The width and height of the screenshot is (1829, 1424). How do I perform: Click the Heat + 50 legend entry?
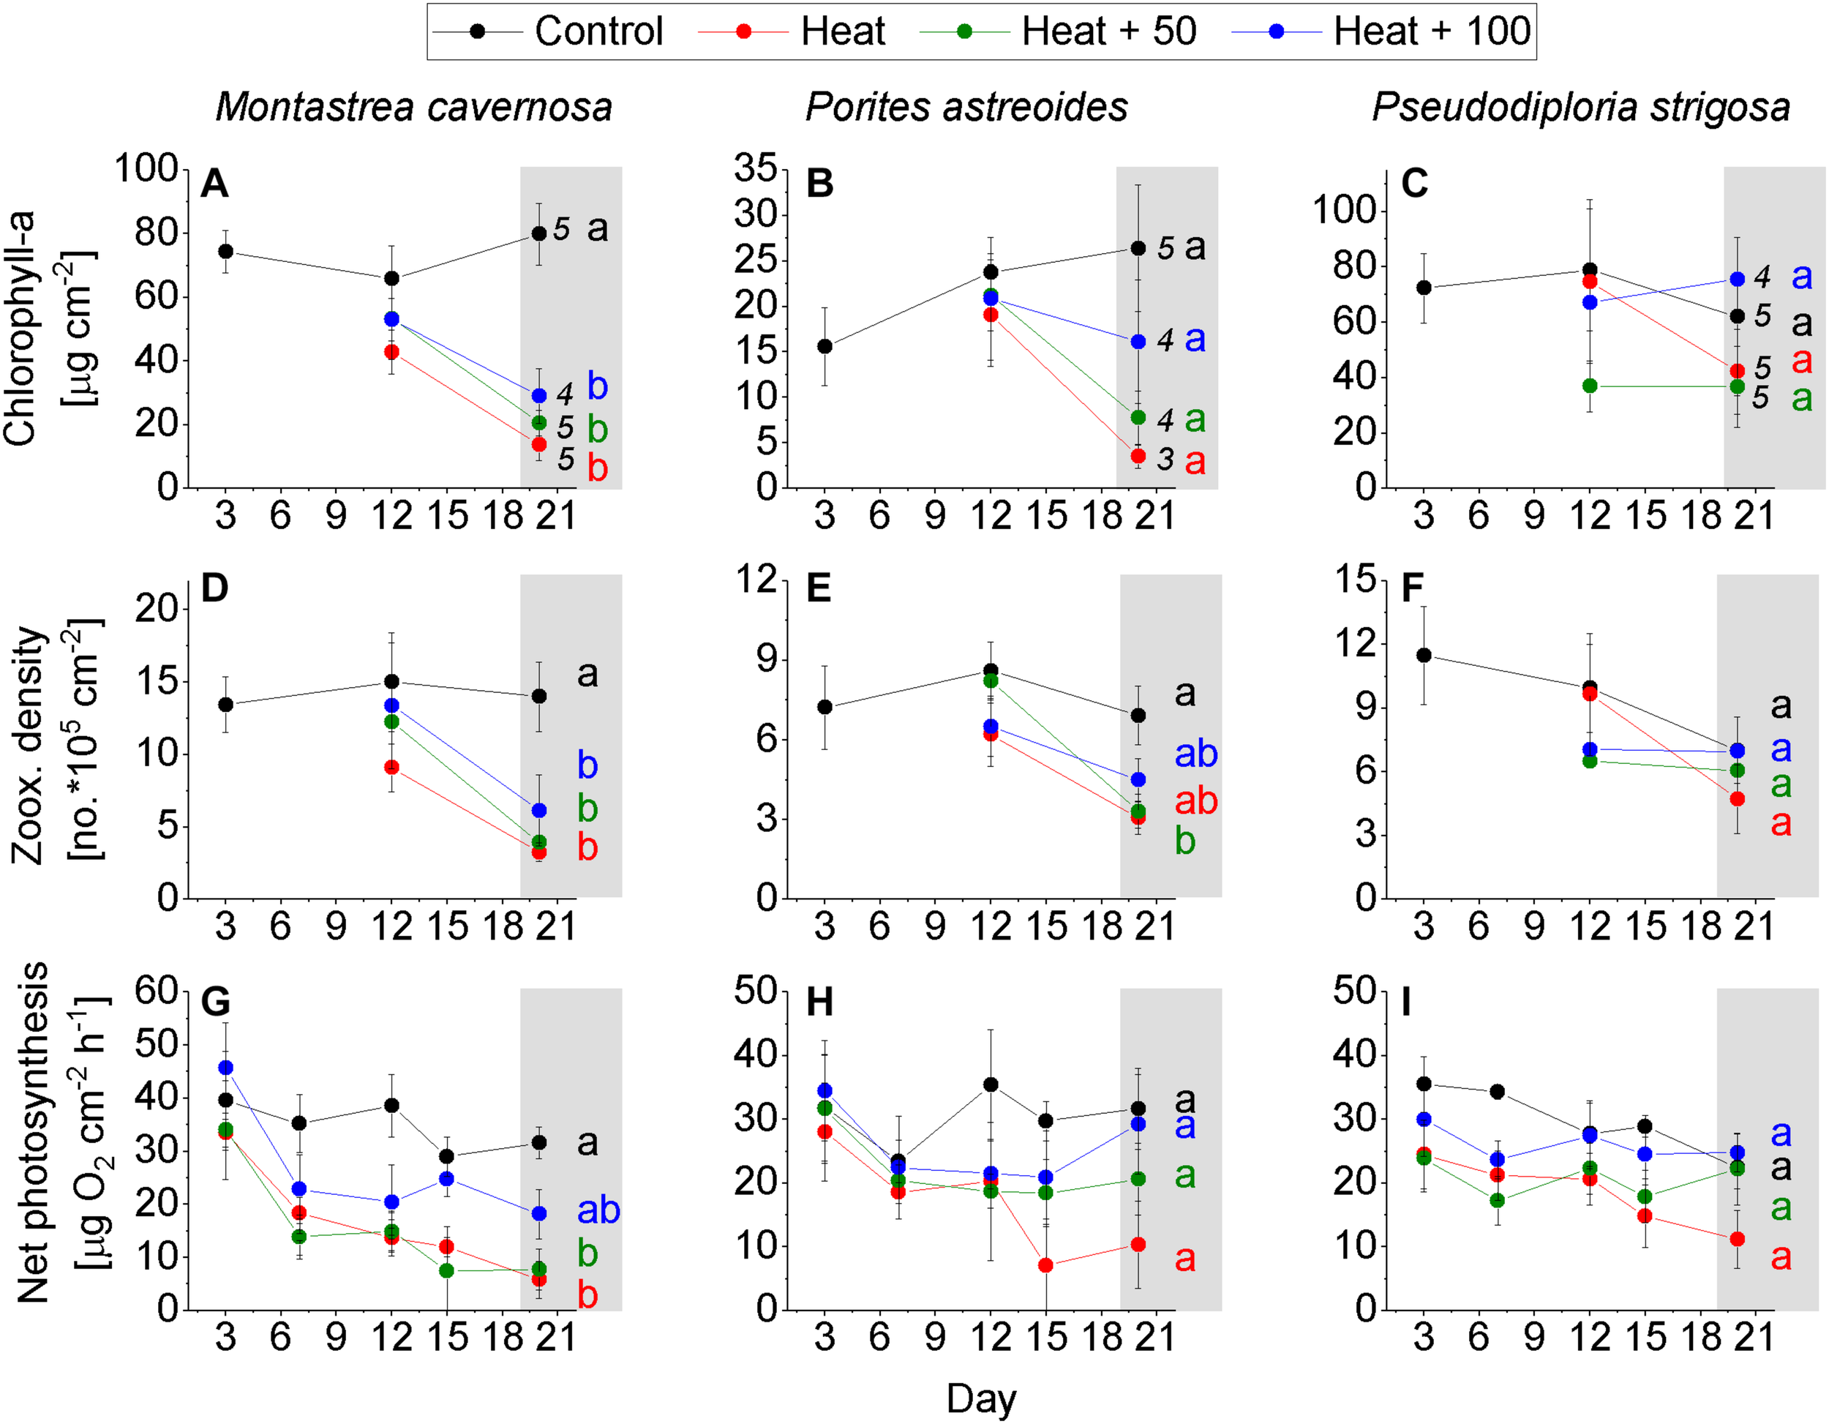[x=1058, y=31]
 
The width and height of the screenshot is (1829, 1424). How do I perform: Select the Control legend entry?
[x=549, y=31]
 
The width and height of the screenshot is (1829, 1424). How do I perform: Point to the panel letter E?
[x=818, y=589]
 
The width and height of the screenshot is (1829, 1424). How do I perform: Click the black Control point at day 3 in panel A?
[x=225, y=251]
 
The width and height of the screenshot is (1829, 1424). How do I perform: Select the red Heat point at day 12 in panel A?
[x=391, y=352]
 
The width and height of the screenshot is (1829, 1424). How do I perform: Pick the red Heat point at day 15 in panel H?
[x=1045, y=1265]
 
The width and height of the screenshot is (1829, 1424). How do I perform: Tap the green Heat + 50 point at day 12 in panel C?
[x=1590, y=386]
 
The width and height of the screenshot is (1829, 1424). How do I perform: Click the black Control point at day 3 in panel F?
[x=1424, y=655]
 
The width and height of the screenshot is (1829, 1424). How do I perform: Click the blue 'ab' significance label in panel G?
[x=598, y=1210]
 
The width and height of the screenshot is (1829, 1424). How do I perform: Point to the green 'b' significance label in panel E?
[x=1184, y=841]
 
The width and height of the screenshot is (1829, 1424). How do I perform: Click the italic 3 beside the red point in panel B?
[x=1165, y=458]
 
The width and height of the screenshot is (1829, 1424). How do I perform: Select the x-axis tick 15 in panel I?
[x=1645, y=1337]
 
